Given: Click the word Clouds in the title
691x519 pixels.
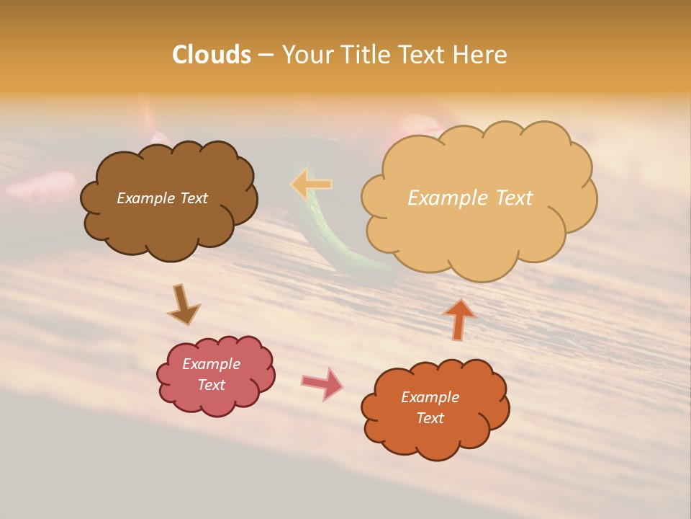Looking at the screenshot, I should click(212, 55).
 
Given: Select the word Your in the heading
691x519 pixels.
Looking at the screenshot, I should click(305, 55).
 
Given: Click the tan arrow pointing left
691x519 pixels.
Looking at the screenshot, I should click(311, 184).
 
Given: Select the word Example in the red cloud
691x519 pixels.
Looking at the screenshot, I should click(212, 364).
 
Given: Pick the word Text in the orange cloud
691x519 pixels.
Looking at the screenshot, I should click(430, 418).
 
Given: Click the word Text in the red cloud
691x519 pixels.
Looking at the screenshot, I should click(212, 385).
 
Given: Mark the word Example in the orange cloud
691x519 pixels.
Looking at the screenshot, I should click(430, 397).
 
